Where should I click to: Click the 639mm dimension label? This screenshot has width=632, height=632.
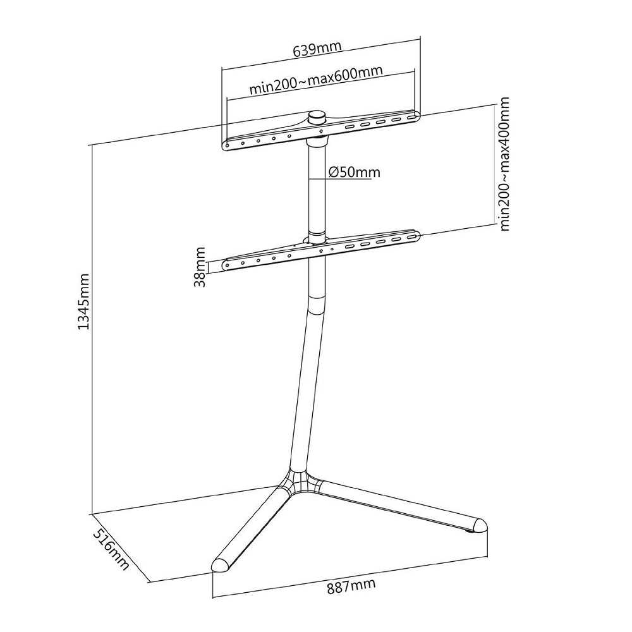317,49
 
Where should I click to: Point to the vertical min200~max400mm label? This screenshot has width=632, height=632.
504,164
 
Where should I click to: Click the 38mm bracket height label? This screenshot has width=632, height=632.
200,267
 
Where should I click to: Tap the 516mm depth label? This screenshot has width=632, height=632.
111,549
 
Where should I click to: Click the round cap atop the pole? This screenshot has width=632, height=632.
317,118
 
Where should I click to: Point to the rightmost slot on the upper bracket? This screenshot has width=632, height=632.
411,119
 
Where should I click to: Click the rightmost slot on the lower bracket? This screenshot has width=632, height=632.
411,237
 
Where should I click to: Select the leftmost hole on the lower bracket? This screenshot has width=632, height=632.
228,265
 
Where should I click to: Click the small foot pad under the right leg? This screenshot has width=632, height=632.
470,533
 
